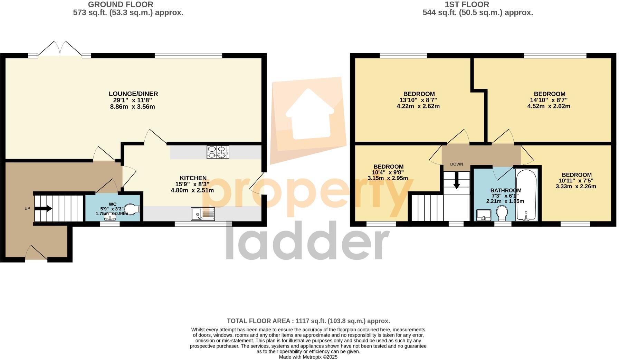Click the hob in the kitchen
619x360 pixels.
(x=218, y=152)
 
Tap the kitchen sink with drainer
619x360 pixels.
(x=203, y=214)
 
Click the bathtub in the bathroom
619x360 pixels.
(x=526, y=195)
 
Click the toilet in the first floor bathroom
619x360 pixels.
(x=502, y=213)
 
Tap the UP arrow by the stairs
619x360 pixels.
(x=44, y=208)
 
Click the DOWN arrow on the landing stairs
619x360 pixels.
(x=456, y=180)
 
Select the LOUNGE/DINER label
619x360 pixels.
(x=133, y=94)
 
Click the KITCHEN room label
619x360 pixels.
(x=193, y=178)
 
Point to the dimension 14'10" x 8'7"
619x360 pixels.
(x=549, y=100)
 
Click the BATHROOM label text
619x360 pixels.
(x=506, y=190)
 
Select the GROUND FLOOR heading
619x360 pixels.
(x=121, y=4)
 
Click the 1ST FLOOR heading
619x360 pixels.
(x=477, y=4)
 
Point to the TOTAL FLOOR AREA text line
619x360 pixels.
(x=308, y=321)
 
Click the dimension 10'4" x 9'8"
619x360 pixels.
(x=388, y=172)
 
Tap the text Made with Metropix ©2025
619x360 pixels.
(x=308, y=357)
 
